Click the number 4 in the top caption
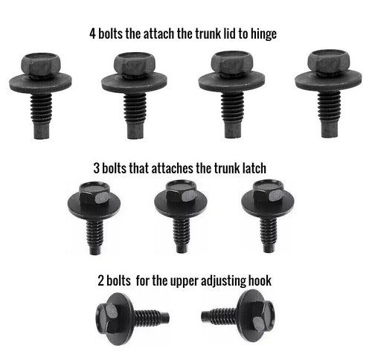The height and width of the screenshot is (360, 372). (x=92, y=33)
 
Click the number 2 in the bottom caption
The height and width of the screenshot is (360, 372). (x=100, y=282)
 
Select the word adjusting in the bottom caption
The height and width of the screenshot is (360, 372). (x=219, y=282)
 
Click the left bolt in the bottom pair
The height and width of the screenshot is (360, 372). (x=126, y=317)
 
